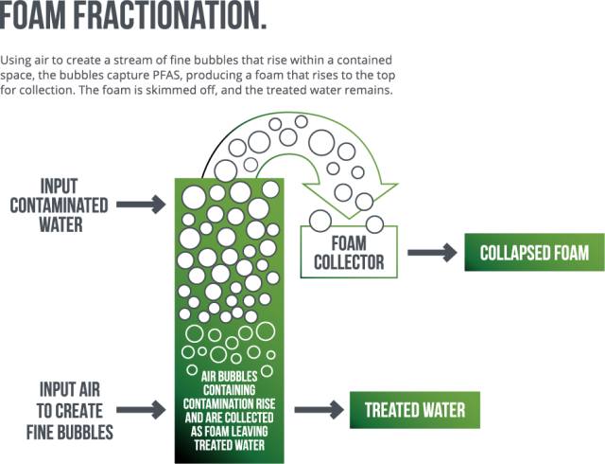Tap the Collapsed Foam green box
click(x=534, y=253)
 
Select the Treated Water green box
click(x=415, y=410)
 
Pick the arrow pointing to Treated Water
click(x=319, y=410)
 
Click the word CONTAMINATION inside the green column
click(x=224, y=387)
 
